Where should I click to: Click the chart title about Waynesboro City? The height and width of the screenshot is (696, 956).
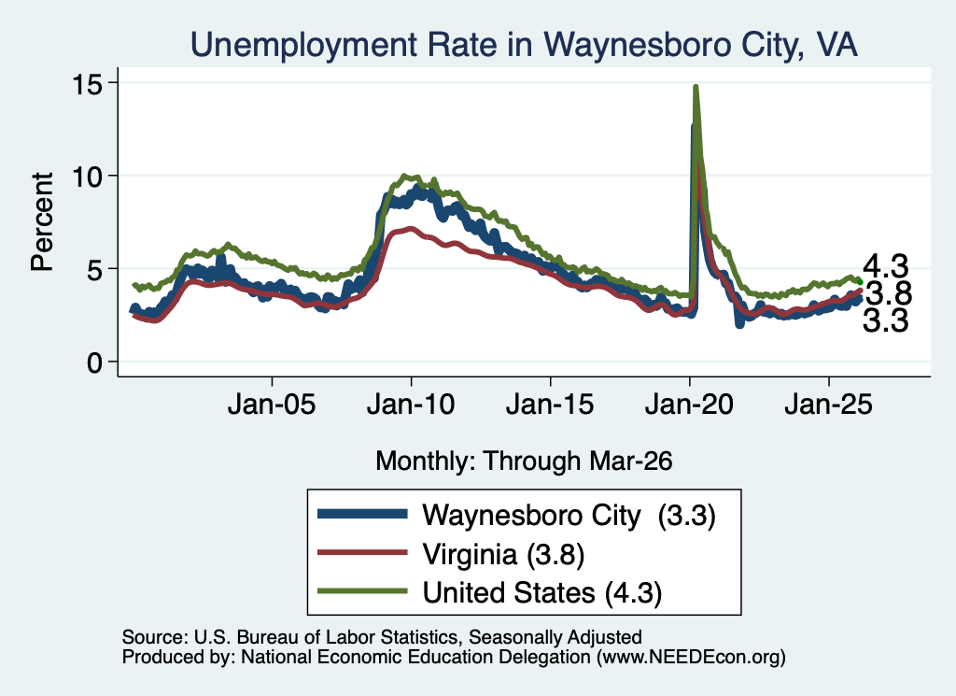point(524,45)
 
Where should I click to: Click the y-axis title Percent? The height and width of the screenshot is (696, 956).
point(42,221)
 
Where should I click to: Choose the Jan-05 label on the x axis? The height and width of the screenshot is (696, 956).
point(272,404)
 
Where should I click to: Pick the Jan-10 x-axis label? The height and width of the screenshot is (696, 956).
point(411,404)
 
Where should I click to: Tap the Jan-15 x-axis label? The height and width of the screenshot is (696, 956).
point(550,404)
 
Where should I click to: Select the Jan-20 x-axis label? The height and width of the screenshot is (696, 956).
point(689,404)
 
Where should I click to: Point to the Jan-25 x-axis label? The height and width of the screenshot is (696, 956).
point(829,404)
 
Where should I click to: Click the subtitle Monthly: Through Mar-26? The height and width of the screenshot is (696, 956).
point(524,461)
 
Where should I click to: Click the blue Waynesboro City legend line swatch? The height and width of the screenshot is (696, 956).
point(362,514)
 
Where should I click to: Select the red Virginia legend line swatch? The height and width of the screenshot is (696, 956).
point(362,553)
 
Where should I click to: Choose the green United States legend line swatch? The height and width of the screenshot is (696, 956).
point(362,591)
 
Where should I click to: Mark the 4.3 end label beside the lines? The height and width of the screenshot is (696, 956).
point(885,266)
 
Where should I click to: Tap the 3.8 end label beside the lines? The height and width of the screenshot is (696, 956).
point(889,293)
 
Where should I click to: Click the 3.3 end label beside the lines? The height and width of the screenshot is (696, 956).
point(885,320)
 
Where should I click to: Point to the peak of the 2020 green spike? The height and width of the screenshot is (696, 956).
point(696,87)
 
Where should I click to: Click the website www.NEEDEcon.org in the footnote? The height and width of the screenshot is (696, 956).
point(691,657)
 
